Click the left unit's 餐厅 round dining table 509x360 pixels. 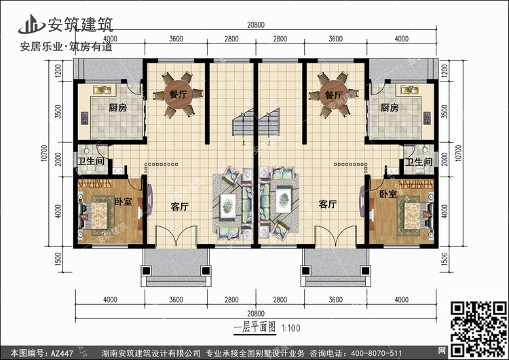pyautogui.click(x=178, y=94)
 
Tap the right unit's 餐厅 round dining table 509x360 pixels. pyautogui.click(x=333, y=95)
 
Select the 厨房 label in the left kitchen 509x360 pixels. pyautogui.click(x=117, y=108)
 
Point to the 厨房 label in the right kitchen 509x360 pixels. pyautogui.click(x=390, y=108)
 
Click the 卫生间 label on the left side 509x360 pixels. pyautogui.click(x=91, y=161)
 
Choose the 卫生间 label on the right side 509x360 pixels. pyautogui.click(x=419, y=162)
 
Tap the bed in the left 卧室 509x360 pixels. pyautogui.click(x=95, y=216)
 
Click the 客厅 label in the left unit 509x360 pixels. pyautogui.click(x=180, y=206)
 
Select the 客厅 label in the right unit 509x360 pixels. pyautogui.click(x=328, y=204)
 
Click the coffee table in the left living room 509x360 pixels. pyautogui.click(x=228, y=206)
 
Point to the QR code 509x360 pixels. pyautogui.click(x=478, y=329)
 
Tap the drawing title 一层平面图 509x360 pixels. pyautogui.click(x=254, y=327)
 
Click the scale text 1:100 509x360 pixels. pyautogui.click(x=290, y=328)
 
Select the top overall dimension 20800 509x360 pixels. pyautogui.click(x=256, y=25)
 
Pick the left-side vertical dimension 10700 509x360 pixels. pyautogui.click(x=45, y=153)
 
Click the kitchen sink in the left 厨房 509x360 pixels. pyautogui.click(x=102, y=90)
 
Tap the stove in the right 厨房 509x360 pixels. pyautogui.click(x=427, y=118)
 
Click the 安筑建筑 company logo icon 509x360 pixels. pyautogui.click(x=31, y=24)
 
